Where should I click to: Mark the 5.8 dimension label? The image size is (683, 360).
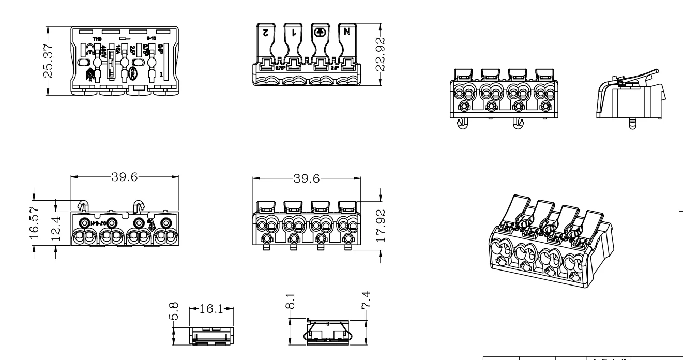[176, 312]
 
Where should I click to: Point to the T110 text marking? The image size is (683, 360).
[97, 39]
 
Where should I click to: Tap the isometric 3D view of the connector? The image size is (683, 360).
[550, 239]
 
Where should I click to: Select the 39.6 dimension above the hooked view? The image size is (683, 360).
[124, 177]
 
